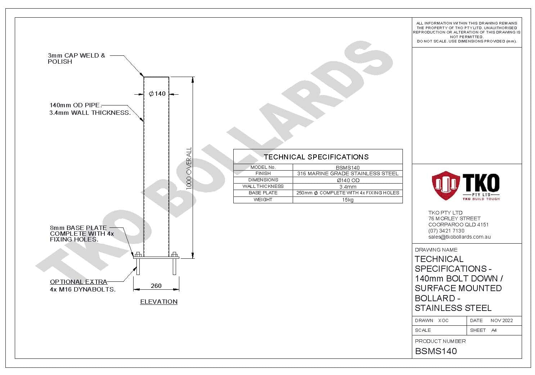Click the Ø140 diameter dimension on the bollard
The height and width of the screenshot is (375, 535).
[x=157, y=94]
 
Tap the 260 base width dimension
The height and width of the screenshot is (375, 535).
[x=156, y=286]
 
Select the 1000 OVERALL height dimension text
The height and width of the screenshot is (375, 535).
[x=189, y=168]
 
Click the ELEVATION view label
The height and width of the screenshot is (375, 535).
[x=159, y=302]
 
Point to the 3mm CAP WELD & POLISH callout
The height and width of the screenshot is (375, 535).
[x=76, y=59]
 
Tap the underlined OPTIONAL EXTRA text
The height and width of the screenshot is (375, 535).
[x=78, y=282]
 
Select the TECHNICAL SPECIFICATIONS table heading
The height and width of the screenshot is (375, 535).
[x=316, y=157]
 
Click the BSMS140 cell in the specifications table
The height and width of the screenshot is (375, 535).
[x=348, y=168]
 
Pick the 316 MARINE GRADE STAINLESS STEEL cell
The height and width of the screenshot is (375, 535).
[x=348, y=173]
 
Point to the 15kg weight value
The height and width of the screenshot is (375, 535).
[x=348, y=200]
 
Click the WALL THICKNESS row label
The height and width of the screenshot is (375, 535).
[x=263, y=186]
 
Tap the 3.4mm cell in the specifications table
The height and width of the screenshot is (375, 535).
[x=348, y=187]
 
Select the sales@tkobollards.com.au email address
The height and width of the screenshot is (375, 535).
[x=459, y=237]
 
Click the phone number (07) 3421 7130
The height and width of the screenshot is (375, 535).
[x=446, y=231]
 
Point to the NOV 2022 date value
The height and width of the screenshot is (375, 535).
[x=502, y=321]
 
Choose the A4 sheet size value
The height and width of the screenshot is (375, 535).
[x=494, y=330]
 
